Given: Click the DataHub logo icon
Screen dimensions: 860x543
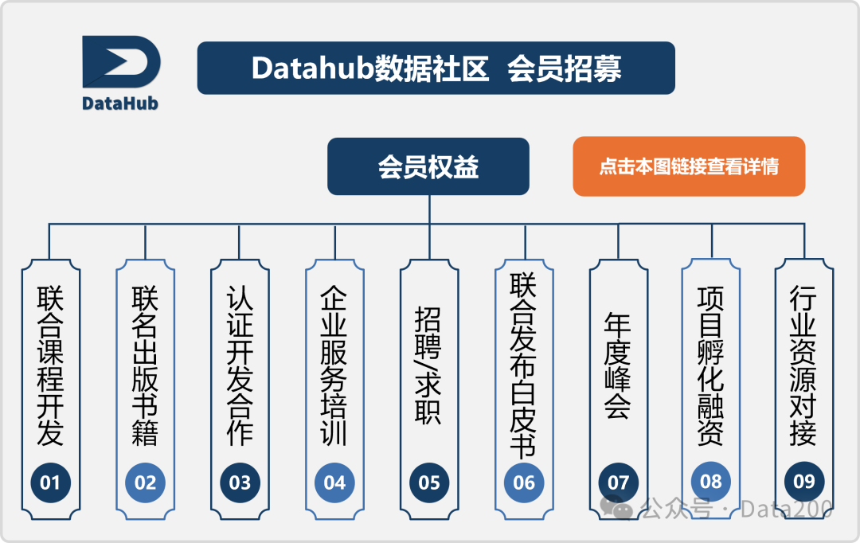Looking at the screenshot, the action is tap(121, 62).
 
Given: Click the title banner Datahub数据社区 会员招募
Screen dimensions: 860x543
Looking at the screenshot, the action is tap(436, 68).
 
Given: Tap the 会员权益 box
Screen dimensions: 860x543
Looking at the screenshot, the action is tap(428, 166).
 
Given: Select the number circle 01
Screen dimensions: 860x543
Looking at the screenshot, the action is tap(50, 482).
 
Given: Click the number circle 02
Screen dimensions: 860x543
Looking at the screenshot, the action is tap(145, 482).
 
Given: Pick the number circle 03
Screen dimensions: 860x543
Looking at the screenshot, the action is tap(240, 482).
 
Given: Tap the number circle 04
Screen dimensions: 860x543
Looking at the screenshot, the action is tap(334, 482).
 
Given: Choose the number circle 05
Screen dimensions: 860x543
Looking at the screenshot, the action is tap(429, 482).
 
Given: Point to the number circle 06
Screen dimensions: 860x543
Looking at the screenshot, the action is tap(524, 482).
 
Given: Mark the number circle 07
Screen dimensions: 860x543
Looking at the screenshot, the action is tap(619, 482).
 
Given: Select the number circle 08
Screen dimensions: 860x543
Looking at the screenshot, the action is tap(710, 481).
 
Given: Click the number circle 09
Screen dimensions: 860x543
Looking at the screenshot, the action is tap(804, 481).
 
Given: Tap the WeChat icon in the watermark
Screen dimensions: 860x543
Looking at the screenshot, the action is tap(618, 506).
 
